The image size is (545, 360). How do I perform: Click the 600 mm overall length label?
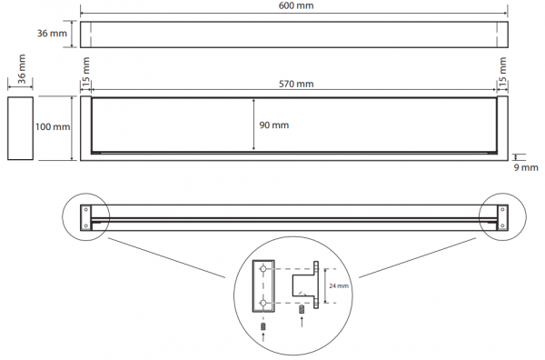(x=296, y=5)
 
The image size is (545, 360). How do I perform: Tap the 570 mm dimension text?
(x=296, y=84)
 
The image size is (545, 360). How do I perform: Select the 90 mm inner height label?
(x=274, y=125)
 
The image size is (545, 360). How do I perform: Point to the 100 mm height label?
(x=53, y=126)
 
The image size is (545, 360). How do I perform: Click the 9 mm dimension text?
(x=526, y=167)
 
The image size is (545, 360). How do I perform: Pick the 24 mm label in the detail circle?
(x=339, y=286)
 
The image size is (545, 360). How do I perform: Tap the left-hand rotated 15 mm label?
(x=85, y=70)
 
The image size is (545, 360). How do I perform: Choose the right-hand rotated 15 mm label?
(x=502, y=70)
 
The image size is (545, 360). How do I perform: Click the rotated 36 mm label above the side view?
(x=22, y=69)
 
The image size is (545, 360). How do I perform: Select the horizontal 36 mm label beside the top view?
(x=52, y=34)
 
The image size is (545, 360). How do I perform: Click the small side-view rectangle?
(x=21, y=128)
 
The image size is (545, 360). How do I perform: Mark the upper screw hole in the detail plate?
(x=263, y=269)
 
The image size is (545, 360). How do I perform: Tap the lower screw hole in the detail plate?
(x=263, y=303)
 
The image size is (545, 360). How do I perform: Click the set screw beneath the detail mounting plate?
(x=263, y=326)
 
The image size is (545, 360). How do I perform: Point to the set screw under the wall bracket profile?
(x=302, y=309)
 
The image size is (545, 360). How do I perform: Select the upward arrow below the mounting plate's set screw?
(x=263, y=337)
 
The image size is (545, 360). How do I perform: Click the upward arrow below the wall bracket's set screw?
(x=302, y=321)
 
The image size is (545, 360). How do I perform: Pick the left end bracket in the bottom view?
(x=86, y=217)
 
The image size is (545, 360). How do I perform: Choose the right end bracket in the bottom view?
(x=502, y=217)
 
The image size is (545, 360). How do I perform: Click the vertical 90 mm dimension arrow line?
(x=253, y=125)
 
